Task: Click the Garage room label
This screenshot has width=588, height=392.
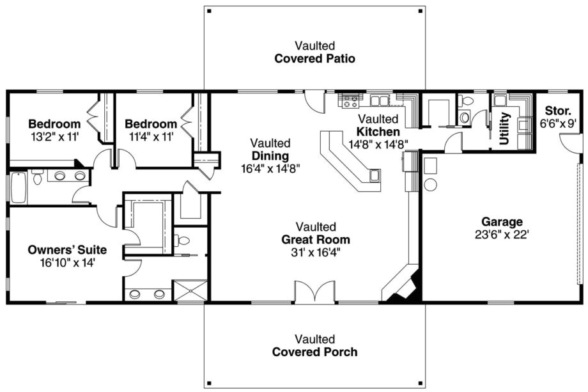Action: pyautogui.click(x=502, y=222)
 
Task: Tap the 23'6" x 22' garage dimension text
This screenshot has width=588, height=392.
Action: pyautogui.click(x=502, y=234)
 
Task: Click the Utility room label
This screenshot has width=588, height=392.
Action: pyautogui.click(x=505, y=129)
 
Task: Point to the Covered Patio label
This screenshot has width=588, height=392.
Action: pyautogui.click(x=314, y=59)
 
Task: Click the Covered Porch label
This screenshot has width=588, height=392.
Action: pyautogui.click(x=314, y=352)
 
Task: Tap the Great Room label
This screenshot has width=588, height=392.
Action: pyautogui.click(x=316, y=240)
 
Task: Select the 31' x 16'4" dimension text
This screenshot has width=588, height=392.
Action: pyautogui.click(x=316, y=252)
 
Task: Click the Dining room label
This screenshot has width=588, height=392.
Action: pyautogui.click(x=270, y=156)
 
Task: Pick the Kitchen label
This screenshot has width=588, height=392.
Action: pyautogui.click(x=380, y=131)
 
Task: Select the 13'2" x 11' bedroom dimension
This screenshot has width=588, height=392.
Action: pyautogui.click(x=54, y=136)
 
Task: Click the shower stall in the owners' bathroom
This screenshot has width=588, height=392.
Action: pyautogui.click(x=190, y=290)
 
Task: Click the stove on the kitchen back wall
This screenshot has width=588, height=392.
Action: pyautogui.click(x=350, y=100)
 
